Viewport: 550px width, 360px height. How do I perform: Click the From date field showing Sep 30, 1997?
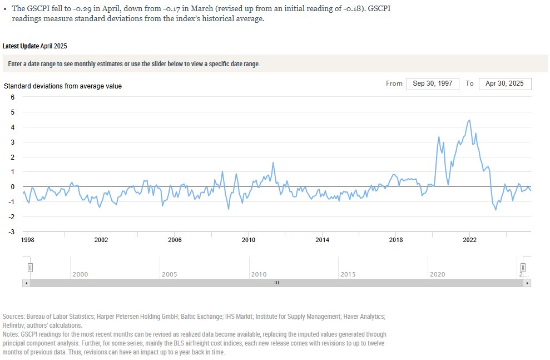[433, 83]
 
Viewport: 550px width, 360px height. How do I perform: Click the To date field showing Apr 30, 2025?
[504, 83]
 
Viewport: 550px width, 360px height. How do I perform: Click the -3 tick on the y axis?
[12, 232]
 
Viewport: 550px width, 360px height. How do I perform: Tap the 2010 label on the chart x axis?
[248, 240]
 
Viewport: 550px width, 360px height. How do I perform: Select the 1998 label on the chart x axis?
[27, 240]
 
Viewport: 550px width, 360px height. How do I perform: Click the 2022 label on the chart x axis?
[469, 240]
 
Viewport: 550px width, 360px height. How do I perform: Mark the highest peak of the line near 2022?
[470, 120]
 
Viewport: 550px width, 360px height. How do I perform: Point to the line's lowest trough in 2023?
[496, 209]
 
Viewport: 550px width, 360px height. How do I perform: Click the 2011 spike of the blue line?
[273, 163]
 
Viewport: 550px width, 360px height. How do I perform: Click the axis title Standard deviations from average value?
[63, 86]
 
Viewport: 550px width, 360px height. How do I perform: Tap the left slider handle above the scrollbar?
[31, 268]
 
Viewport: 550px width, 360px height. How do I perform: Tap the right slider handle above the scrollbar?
[523, 268]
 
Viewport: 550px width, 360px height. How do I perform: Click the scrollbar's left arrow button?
[26, 283]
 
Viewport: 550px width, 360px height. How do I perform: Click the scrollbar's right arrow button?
[528, 283]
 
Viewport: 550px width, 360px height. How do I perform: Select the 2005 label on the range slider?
[169, 274]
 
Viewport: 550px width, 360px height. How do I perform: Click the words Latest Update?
[21, 46]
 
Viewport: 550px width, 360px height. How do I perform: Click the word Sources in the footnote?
[14, 316]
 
